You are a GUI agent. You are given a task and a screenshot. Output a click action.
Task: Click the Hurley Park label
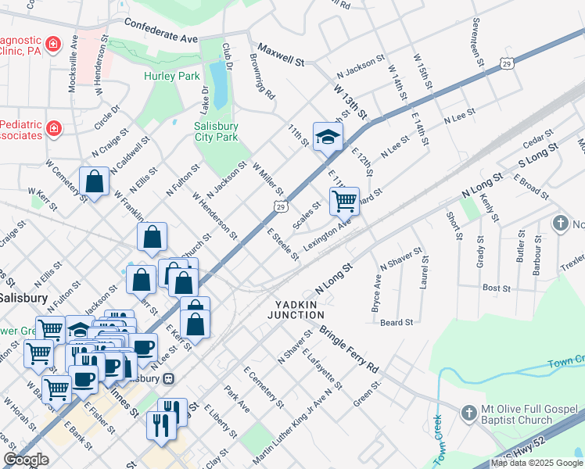pos(172,76)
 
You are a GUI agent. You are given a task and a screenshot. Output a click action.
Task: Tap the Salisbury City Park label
pos(216,131)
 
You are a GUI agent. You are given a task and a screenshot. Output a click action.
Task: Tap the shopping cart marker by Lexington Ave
pos(344,202)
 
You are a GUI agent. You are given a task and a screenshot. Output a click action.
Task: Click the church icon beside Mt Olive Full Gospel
pos(468,412)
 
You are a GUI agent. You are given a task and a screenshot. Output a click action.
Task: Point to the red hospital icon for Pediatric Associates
pos(53,128)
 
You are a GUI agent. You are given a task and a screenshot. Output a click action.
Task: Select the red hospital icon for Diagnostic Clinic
pos(53,44)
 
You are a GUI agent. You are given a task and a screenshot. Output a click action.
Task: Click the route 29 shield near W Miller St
pos(279,206)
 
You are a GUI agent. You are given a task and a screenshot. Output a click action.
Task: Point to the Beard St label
pos(397,322)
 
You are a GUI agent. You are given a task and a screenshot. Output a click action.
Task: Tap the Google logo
pos(26,460)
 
